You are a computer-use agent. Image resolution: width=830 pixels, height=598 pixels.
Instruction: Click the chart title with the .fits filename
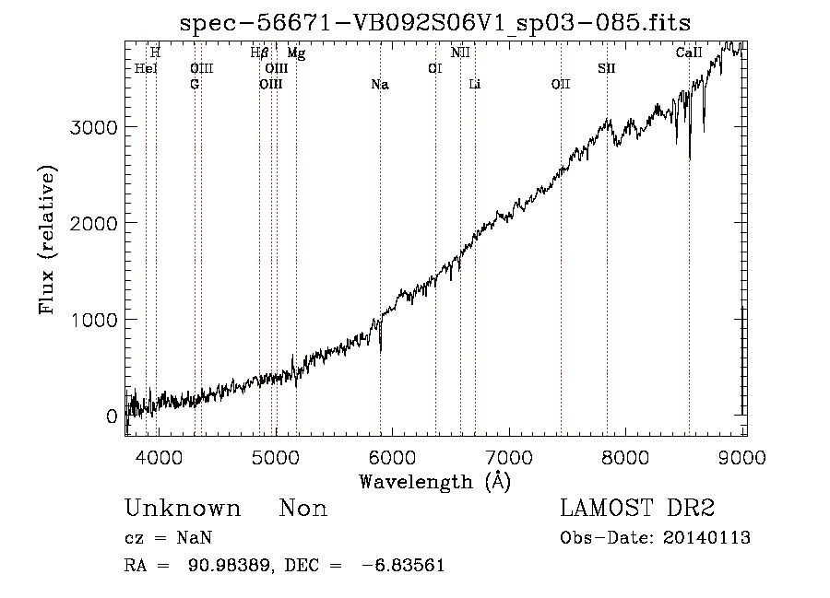pyautogui.click(x=435, y=23)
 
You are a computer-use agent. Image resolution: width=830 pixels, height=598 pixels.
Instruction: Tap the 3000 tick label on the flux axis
pyautogui.click(x=94, y=127)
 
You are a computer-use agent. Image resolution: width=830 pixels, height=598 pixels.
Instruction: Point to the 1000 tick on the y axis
pyautogui.click(x=94, y=320)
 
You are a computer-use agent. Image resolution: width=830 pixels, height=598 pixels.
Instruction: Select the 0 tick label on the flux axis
pyautogui.click(x=112, y=416)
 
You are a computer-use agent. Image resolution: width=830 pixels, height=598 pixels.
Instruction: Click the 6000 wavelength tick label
pyautogui.click(x=392, y=457)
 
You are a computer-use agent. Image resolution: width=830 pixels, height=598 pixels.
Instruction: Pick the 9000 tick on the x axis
pyautogui.click(x=742, y=457)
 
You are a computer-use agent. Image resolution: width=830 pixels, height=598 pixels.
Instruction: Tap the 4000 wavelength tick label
pyautogui.click(x=159, y=457)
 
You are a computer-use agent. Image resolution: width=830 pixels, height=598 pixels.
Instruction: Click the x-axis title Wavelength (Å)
pyautogui.click(x=435, y=482)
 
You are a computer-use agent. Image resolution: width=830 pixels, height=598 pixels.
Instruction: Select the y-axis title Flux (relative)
pyautogui.click(x=47, y=240)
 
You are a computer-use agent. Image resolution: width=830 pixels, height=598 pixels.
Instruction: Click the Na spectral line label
pyautogui.click(x=380, y=85)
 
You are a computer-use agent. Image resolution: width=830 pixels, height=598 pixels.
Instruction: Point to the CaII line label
pyautogui.click(x=689, y=53)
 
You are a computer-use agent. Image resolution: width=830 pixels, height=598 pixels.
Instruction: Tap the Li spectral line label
pyautogui.click(x=474, y=85)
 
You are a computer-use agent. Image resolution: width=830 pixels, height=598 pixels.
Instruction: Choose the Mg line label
pyautogui.click(x=296, y=53)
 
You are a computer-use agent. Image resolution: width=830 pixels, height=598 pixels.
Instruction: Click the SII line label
pyautogui.click(x=607, y=69)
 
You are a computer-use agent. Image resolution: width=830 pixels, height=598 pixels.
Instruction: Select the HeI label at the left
pyautogui.click(x=146, y=69)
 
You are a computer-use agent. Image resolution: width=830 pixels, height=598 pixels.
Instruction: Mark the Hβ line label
pyautogui.click(x=259, y=53)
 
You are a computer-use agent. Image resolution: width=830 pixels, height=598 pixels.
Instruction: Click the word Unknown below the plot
pyautogui.click(x=183, y=509)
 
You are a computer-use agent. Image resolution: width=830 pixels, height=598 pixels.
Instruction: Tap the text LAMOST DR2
pyautogui.click(x=637, y=508)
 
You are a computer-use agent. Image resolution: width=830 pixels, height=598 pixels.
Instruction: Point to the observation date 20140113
pyautogui.click(x=706, y=538)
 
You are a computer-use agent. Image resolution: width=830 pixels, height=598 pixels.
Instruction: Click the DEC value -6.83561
pyautogui.click(x=403, y=566)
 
